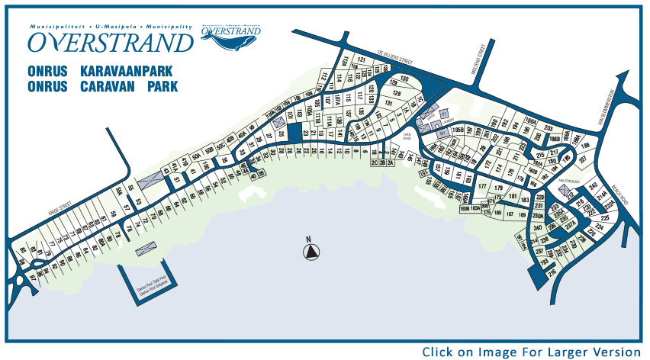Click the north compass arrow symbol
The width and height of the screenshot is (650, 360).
click(x=309, y=252)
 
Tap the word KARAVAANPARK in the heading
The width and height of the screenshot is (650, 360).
click(x=130, y=71)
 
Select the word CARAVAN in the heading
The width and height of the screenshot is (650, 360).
click(x=107, y=86)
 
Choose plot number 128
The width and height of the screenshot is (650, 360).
click(x=397, y=92)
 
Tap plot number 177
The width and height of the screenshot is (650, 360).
click(x=481, y=185)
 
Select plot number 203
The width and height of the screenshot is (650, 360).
click(x=549, y=128)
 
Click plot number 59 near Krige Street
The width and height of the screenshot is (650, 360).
click(x=113, y=213)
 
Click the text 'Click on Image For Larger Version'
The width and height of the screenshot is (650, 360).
click(x=531, y=352)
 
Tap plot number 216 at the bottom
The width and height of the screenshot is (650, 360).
click(x=552, y=270)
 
